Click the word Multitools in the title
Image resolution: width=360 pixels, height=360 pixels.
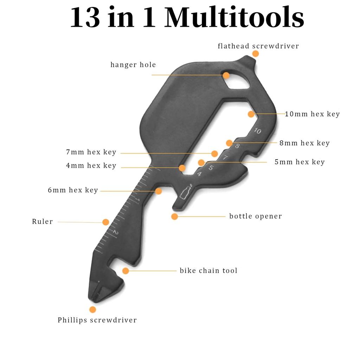coord(234,18)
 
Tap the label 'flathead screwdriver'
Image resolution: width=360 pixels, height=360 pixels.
coord(258,46)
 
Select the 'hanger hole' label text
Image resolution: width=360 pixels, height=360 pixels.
coord(133,65)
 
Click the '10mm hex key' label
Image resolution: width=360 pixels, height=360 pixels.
coord(312,114)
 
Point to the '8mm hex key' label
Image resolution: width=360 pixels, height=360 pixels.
coord(304,143)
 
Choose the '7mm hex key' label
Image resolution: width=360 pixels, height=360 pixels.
coord(91,152)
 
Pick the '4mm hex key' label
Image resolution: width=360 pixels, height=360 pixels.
coord(91,166)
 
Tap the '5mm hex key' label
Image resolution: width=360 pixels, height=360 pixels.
coord(300,162)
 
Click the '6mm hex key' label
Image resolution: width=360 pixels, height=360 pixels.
coord(73,190)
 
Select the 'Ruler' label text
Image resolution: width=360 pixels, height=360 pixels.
coord(43,221)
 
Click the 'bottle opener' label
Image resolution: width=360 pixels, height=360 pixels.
coord(256,216)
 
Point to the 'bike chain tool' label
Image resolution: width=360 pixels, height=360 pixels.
coord(208,270)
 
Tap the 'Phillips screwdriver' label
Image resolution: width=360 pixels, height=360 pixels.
coord(97,320)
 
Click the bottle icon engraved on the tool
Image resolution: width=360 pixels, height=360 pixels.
coord(186,191)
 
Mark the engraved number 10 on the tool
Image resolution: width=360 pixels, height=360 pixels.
coord(258,131)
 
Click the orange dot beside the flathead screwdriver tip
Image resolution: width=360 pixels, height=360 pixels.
coord(255,54)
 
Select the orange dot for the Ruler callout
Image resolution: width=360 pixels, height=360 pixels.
coord(105,222)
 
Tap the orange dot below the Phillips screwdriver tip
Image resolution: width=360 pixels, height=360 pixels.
coord(92,309)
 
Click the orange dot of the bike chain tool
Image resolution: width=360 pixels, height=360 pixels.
coord(126,271)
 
